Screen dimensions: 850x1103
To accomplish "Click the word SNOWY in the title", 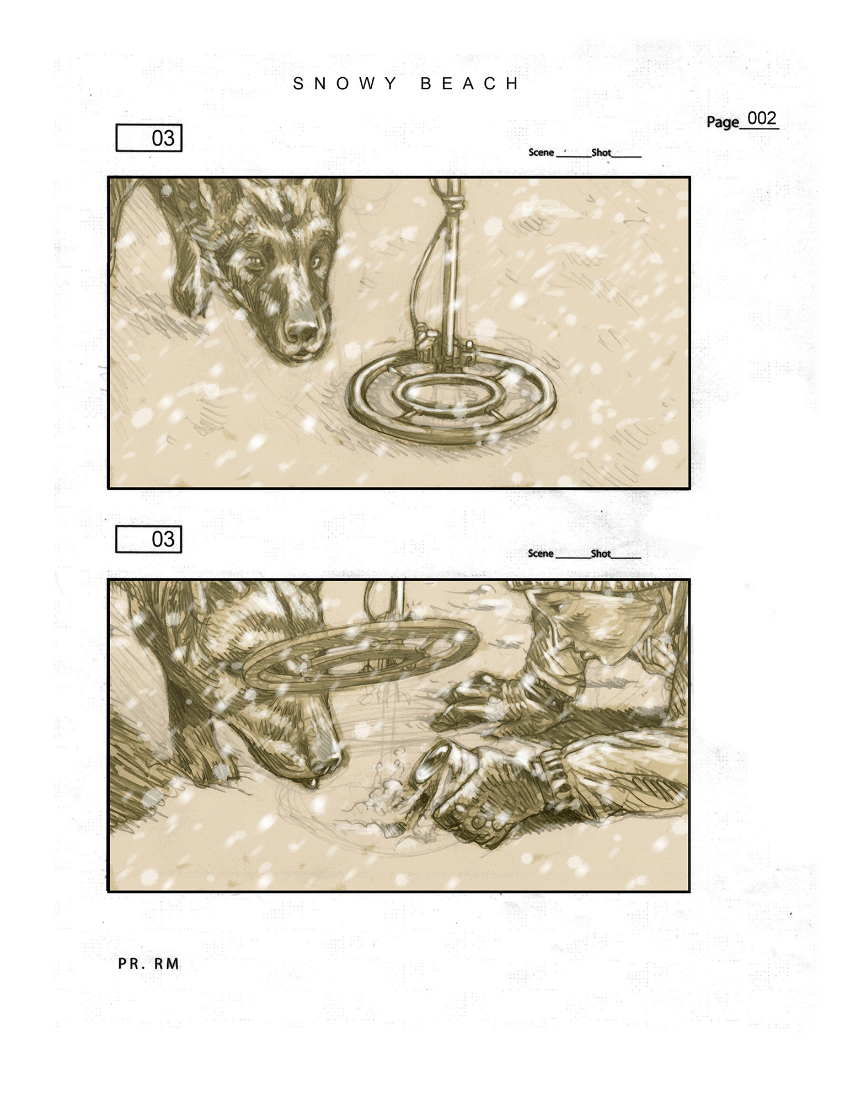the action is click(x=344, y=84).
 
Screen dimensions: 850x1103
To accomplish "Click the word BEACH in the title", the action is click(x=469, y=84).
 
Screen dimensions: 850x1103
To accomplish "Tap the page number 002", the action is click(x=761, y=118).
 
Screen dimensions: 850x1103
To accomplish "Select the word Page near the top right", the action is click(x=723, y=122).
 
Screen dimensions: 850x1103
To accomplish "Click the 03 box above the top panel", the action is click(x=149, y=138).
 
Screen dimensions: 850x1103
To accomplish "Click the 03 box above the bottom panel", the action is click(x=149, y=539).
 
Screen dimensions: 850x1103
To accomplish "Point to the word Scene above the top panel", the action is click(x=541, y=152).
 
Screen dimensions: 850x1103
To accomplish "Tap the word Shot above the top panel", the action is click(x=601, y=152).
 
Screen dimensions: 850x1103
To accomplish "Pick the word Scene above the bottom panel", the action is click(x=541, y=553).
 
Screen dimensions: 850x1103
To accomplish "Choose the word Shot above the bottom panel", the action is click(x=601, y=553).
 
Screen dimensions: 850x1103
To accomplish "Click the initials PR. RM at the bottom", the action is click(x=149, y=963).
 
